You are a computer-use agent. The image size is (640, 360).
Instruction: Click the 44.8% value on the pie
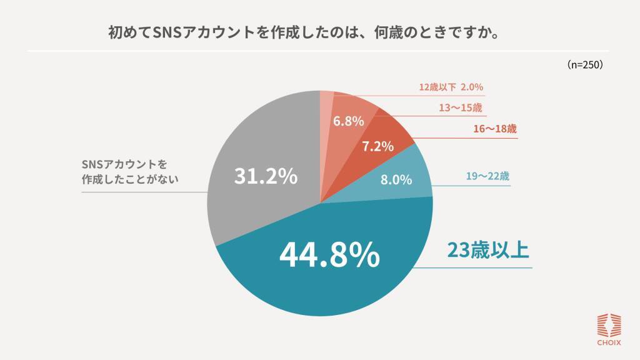tap(329, 254)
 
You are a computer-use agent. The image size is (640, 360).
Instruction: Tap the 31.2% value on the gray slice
tap(266, 177)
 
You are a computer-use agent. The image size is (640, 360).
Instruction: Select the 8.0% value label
tap(396, 180)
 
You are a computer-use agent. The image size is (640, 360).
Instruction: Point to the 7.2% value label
tap(377, 146)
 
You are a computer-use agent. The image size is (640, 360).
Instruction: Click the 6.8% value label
tap(348, 121)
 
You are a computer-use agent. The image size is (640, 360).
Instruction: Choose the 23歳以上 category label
tap(487, 250)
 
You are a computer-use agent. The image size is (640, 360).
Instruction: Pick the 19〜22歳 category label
tap(487, 176)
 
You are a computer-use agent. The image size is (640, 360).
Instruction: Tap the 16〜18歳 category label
tap(494, 129)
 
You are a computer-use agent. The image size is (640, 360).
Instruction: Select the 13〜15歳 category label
tap(460, 107)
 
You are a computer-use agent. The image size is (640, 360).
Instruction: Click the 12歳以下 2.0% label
tap(451, 87)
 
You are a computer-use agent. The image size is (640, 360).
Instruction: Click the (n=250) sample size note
tap(584, 64)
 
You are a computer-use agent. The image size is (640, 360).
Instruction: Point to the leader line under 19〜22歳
tap(475, 186)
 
